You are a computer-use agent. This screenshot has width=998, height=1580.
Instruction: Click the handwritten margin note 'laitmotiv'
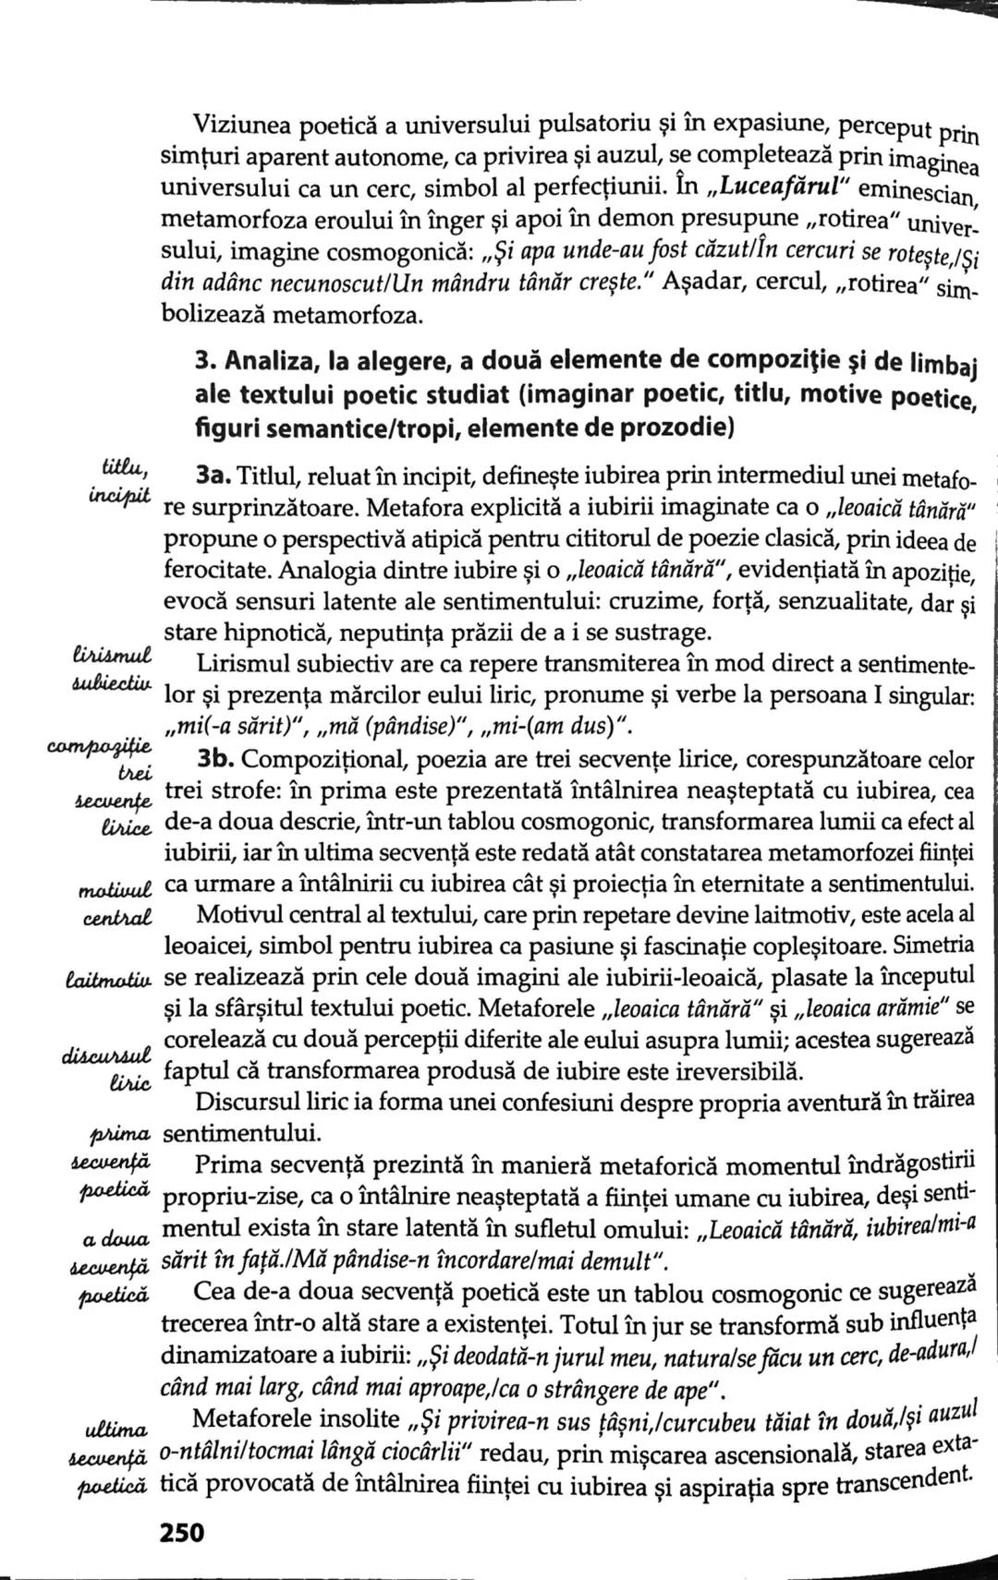(109, 976)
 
